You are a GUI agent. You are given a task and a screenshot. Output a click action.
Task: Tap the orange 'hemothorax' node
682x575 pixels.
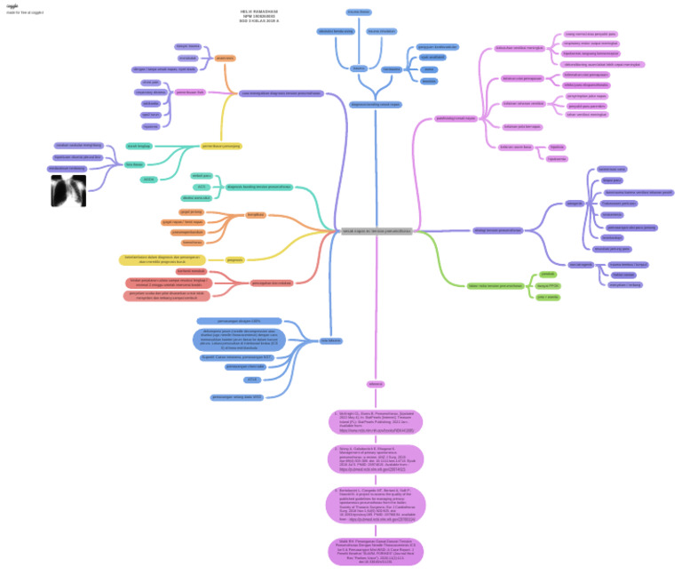point(192,242)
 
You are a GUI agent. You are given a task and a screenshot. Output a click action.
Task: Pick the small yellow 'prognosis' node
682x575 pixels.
point(234,260)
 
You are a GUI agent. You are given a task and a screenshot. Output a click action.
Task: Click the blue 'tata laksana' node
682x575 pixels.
point(331,339)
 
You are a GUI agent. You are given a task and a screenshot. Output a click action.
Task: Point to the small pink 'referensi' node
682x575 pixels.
point(376,384)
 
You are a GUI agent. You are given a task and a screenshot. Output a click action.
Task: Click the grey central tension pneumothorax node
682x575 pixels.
point(377,231)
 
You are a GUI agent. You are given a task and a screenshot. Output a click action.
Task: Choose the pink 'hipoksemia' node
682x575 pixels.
point(557,158)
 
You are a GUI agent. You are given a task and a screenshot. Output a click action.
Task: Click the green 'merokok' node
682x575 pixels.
point(547,275)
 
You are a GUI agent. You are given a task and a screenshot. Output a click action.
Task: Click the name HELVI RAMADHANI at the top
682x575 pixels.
point(258,12)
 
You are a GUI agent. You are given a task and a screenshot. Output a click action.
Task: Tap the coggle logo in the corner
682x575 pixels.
point(12,5)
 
